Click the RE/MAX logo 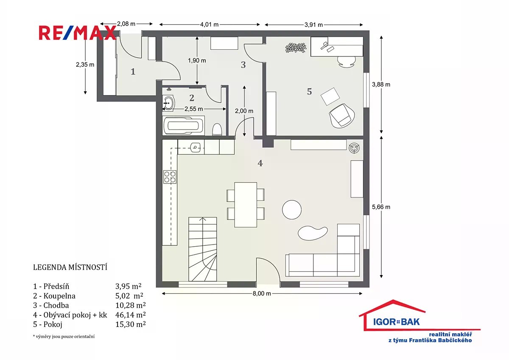tap(78, 33)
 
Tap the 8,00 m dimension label tap(262, 294)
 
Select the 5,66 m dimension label tap(381, 207)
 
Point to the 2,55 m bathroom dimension tap(193, 109)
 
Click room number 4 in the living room tap(260, 163)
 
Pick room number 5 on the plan tap(309, 91)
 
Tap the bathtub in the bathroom tap(184, 126)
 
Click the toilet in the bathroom tap(217, 129)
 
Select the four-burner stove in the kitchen tap(170, 177)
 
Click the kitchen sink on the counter tap(195, 147)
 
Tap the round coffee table tap(292, 210)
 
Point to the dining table tap(246, 205)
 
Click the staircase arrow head tap(202, 219)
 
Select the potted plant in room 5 tap(296, 48)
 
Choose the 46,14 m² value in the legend tap(131, 315)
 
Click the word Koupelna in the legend tap(59, 296)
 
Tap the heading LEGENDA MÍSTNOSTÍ tap(70, 267)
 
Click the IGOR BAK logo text tap(396, 322)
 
